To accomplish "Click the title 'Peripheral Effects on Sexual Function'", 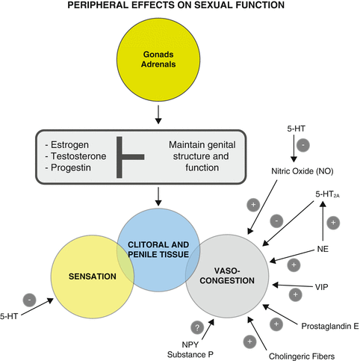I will pos(180,8).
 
